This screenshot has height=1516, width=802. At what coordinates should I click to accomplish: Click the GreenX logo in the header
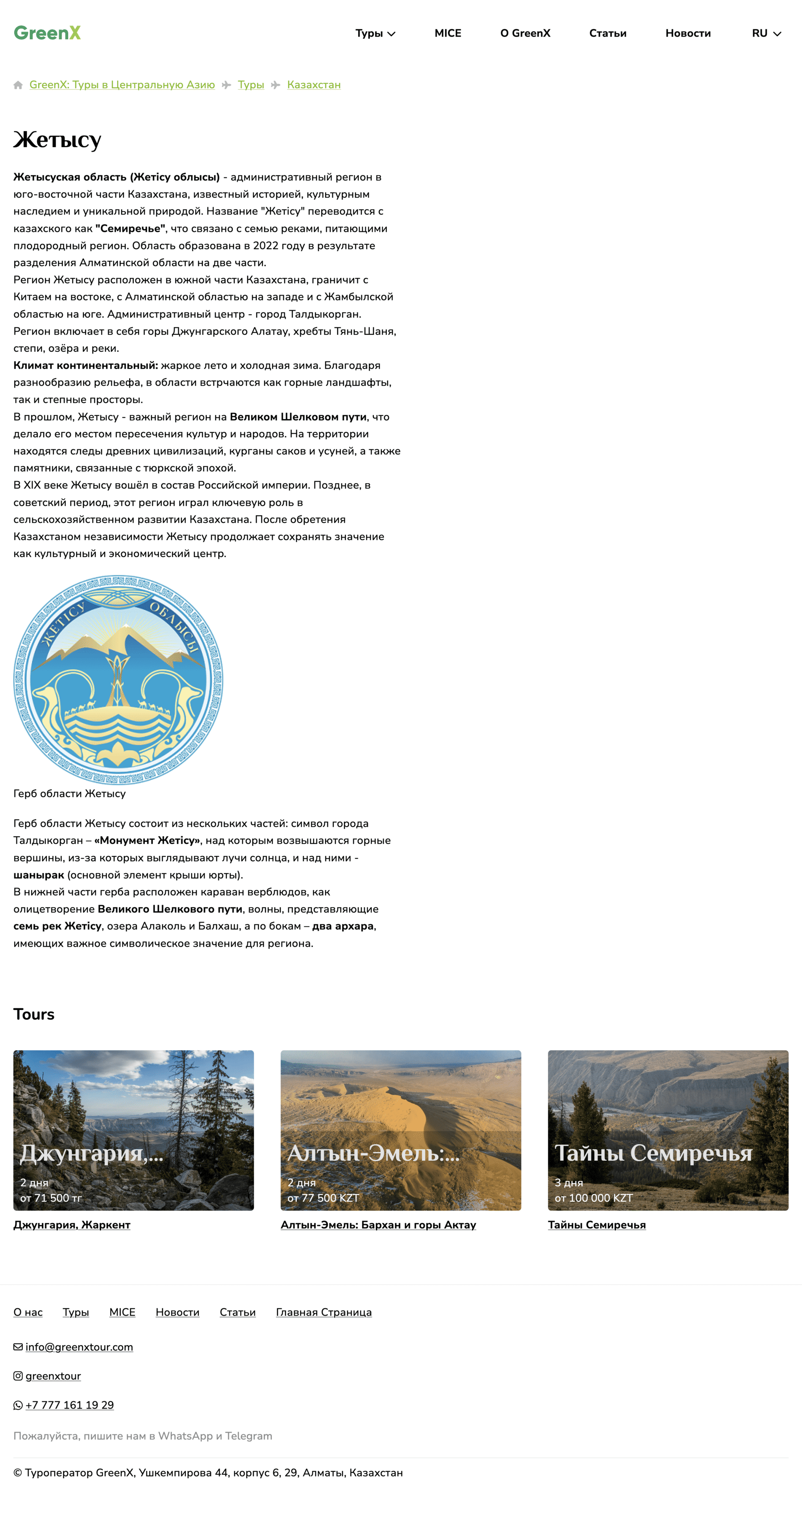pyautogui.click(x=47, y=33)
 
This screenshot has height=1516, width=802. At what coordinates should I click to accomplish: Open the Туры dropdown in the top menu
pyautogui.click(x=375, y=33)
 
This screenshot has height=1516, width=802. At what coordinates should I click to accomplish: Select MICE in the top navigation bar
pyautogui.click(x=447, y=33)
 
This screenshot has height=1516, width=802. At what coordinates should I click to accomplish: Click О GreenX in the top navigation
pyautogui.click(x=525, y=33)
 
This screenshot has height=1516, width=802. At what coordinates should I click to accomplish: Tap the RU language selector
pyautogui.click(x=765, y=33)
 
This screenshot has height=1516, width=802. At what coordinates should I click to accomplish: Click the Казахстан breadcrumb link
pyautogui.click(x=314, y=85)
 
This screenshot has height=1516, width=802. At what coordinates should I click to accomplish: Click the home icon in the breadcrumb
pyautogui.click(x=18, y=85)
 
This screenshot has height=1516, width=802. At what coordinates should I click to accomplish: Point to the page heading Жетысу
pyautogui.click(x=57, y=140)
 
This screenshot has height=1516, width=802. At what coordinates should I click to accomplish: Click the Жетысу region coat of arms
pyautogui.click(x=118, y=680)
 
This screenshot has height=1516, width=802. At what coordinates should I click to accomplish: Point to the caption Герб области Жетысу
pyautogui.click(x=70, y=793)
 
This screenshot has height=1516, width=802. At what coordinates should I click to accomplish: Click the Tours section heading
pyautogui.click(x=34, y=1014)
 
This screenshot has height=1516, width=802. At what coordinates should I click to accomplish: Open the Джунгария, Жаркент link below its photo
pyautogui.click(x=72, y=1224)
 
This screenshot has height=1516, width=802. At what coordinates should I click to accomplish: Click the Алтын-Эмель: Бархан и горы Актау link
pyautogui.click(x=378, y=1224)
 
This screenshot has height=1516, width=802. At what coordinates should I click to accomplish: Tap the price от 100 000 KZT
pyautogui.click(x=593, y=1198)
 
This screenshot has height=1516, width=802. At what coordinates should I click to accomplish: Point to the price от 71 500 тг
pyautogui.click(x=51, y=1198)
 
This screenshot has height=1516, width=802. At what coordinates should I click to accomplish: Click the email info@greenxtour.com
pyautogui.click(x=79, y=1347)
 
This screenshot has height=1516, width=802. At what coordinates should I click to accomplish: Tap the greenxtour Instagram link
pyautogui.click(x=53, y=1376)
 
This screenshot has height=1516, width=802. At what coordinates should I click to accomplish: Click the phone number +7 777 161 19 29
pyautogui.click(x=70, y=1405)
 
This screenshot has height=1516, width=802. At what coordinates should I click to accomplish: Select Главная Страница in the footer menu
pyautogui.click(x=323, y=1312)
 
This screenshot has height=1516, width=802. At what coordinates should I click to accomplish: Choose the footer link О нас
pyautogui.click(x=28, y=1312)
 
